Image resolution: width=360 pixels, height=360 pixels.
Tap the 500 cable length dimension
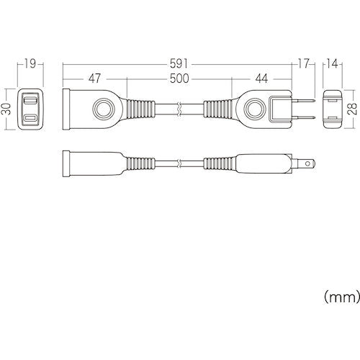coord(180,78)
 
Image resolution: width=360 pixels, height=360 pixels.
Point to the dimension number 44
coord(261,78)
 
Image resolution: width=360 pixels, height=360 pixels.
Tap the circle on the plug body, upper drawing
coord(255,109)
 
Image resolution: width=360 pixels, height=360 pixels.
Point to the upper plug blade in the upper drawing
coord(303,102)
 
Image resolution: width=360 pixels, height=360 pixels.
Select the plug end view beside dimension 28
coord(333,109)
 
